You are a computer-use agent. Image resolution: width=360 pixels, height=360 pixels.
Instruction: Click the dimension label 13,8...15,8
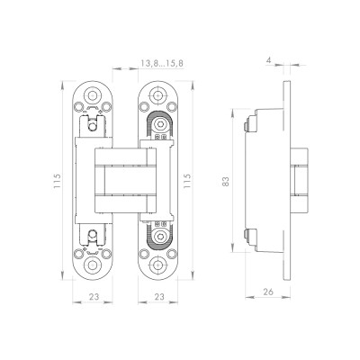[x=162, y=63]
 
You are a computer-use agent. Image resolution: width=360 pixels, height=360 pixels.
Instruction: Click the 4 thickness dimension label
[x=268, y=60]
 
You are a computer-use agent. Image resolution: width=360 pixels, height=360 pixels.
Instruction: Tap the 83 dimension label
[x=226, y=181]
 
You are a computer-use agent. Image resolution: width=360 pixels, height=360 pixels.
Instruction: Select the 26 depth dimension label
[x=268, y=292]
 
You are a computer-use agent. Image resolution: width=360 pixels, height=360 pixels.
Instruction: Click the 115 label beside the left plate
[x=57, y=181]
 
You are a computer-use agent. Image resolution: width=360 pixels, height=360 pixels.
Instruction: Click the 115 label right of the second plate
[x=186, y=181]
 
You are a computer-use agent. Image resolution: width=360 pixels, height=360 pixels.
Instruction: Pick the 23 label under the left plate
[x=94, y=297]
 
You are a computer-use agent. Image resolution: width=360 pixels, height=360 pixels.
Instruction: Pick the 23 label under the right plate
[x=159, y=297]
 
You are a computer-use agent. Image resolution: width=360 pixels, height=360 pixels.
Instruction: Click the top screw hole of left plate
[x=92, y=95]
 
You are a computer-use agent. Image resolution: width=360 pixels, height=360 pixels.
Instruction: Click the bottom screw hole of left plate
[x=92, y=265]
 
